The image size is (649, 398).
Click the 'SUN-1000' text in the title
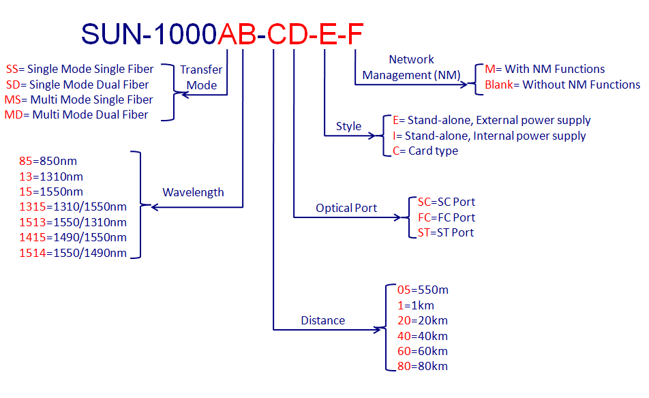149,34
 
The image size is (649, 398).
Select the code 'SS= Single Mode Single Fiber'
80,69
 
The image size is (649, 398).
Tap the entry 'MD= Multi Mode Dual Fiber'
76,114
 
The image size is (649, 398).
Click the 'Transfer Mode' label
201,77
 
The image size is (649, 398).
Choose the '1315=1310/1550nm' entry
72,207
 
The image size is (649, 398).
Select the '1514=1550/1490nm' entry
72,253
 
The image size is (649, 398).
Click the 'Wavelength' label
193,192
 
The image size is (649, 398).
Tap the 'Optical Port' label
346,208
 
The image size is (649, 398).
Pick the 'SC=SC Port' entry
446,202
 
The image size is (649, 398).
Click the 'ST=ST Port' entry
445,232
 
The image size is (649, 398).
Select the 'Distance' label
323,320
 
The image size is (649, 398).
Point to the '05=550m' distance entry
423,290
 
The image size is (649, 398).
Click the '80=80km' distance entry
423,367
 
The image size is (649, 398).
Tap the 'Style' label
348,126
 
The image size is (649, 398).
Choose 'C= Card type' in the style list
425,151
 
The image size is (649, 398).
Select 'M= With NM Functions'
545,69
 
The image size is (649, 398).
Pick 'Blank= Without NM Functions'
562,85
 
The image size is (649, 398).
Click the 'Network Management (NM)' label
411,67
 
